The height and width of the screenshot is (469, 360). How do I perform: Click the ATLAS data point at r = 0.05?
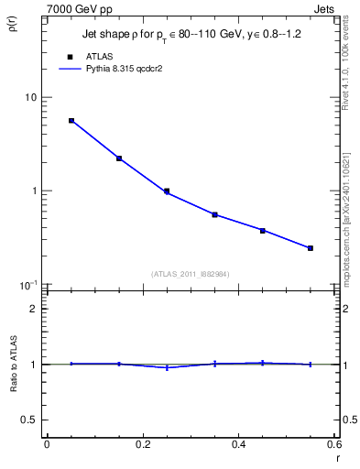point(71,120)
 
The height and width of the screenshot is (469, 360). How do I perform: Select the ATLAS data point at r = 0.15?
point(119,158)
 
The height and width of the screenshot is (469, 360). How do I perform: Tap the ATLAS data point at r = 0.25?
point(167,191)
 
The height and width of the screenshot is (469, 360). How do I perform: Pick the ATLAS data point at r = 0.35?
point(214,214)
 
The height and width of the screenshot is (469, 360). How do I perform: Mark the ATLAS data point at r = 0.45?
point(263,230)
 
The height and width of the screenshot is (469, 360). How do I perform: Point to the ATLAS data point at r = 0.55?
point(311,248)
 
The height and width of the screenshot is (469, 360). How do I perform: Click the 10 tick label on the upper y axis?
point(30,97)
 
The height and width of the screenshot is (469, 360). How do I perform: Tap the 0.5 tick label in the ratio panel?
point(28,420)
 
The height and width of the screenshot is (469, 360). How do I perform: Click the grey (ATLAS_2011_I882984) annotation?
point(191,273)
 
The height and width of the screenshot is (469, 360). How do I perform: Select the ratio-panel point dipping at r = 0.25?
point(167,367)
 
